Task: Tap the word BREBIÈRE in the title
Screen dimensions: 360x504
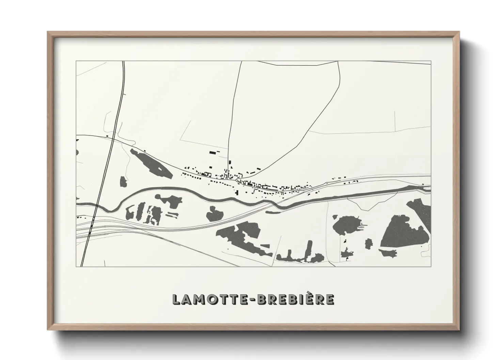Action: point(295,299)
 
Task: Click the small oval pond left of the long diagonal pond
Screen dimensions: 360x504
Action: point(123,181)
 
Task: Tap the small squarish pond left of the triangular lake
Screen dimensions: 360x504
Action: point(368,244)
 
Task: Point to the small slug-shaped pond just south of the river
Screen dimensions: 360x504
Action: point(273,212)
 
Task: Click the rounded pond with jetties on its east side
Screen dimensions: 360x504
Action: point(346,226)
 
